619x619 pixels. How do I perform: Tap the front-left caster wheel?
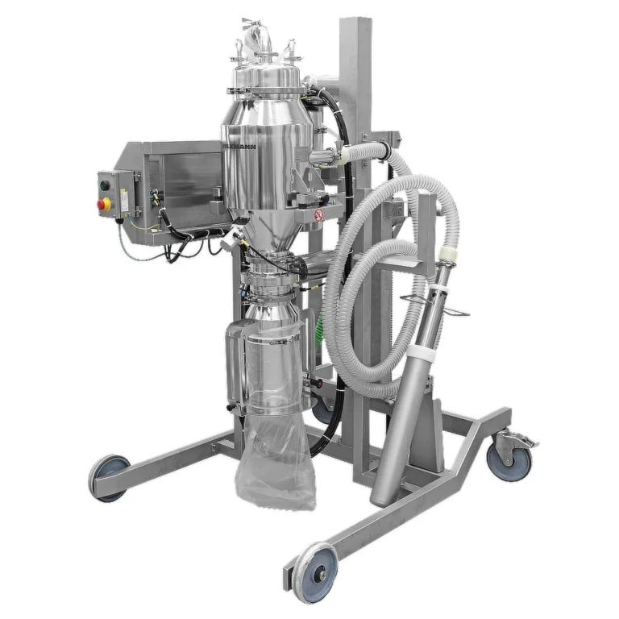(110, 477)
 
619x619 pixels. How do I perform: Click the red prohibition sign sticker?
(318, 215)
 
